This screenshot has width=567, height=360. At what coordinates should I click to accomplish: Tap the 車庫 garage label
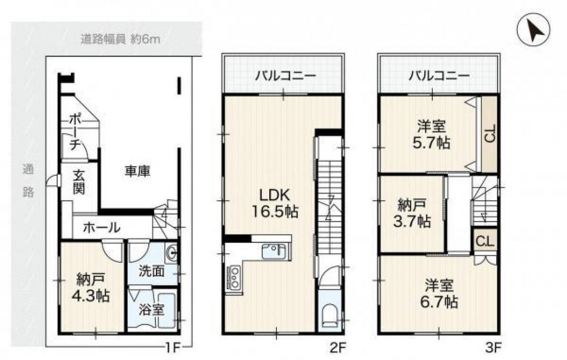(x=137, y=171)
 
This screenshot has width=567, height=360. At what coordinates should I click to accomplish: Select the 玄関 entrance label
(x=79, y=182)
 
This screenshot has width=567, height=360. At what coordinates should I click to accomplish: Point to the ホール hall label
(x=102, y=228)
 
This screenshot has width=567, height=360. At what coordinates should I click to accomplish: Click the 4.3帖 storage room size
(x=91, y=295)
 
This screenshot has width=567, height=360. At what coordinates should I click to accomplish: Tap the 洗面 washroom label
(x=151, y=271)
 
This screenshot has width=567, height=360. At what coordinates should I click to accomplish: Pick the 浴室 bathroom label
(x=151, y=310)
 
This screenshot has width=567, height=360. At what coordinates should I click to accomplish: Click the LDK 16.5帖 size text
(x=275, y=203)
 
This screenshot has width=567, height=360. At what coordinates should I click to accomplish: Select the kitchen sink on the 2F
(x=274, y=251)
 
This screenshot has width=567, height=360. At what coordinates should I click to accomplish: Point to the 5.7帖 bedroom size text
(x=431, y=143)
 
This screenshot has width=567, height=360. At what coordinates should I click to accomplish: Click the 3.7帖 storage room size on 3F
(x=412, y=221)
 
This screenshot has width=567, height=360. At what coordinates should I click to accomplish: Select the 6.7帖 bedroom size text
(x=439, y=302)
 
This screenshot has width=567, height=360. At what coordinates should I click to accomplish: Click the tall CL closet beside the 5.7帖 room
(x=489, y=135)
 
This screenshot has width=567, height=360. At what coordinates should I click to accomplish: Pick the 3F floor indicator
(x=493, y=348)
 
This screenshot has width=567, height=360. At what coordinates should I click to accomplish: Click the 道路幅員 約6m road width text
(x=120, y=40)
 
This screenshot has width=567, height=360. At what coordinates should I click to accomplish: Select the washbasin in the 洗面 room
(x=171, y=252)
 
